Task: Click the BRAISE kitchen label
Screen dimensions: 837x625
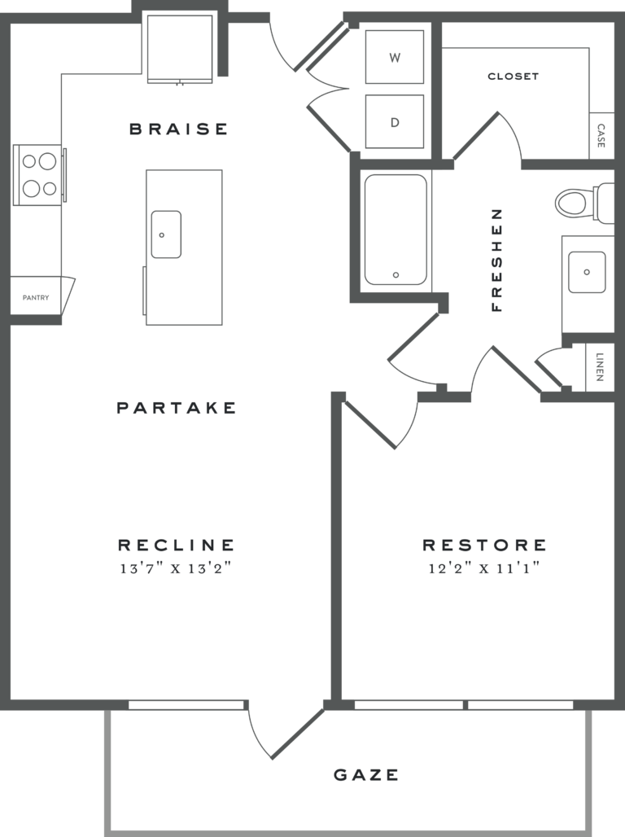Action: click(x=179, y=129)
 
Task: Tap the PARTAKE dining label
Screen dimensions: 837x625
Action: click(x=177, y=408)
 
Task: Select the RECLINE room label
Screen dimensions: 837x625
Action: click(x=177, y=545)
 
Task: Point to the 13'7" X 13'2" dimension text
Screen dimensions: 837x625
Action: click(x=177, y=569)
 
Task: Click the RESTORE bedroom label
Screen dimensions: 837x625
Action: click(x=484, y=545)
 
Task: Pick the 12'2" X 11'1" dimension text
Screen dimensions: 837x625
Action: click(x=484, y=569)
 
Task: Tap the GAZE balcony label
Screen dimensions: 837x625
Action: click(x=366, y=774)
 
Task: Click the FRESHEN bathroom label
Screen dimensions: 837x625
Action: click(x=497, y=260)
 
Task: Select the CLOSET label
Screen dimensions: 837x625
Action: click(x=513, y=77)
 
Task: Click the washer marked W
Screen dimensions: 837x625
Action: click(x=395, y=57)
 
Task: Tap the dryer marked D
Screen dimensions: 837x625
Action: click(x=395, y=122)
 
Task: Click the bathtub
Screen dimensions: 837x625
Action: click(x=396, y=230)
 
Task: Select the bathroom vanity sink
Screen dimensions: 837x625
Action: click(x=587, y=271)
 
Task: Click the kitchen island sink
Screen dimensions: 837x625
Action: click(x=166, y=234)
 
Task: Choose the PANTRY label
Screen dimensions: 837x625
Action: click(x=36, y=298)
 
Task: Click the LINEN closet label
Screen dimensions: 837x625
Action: click(x=601, y=366)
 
